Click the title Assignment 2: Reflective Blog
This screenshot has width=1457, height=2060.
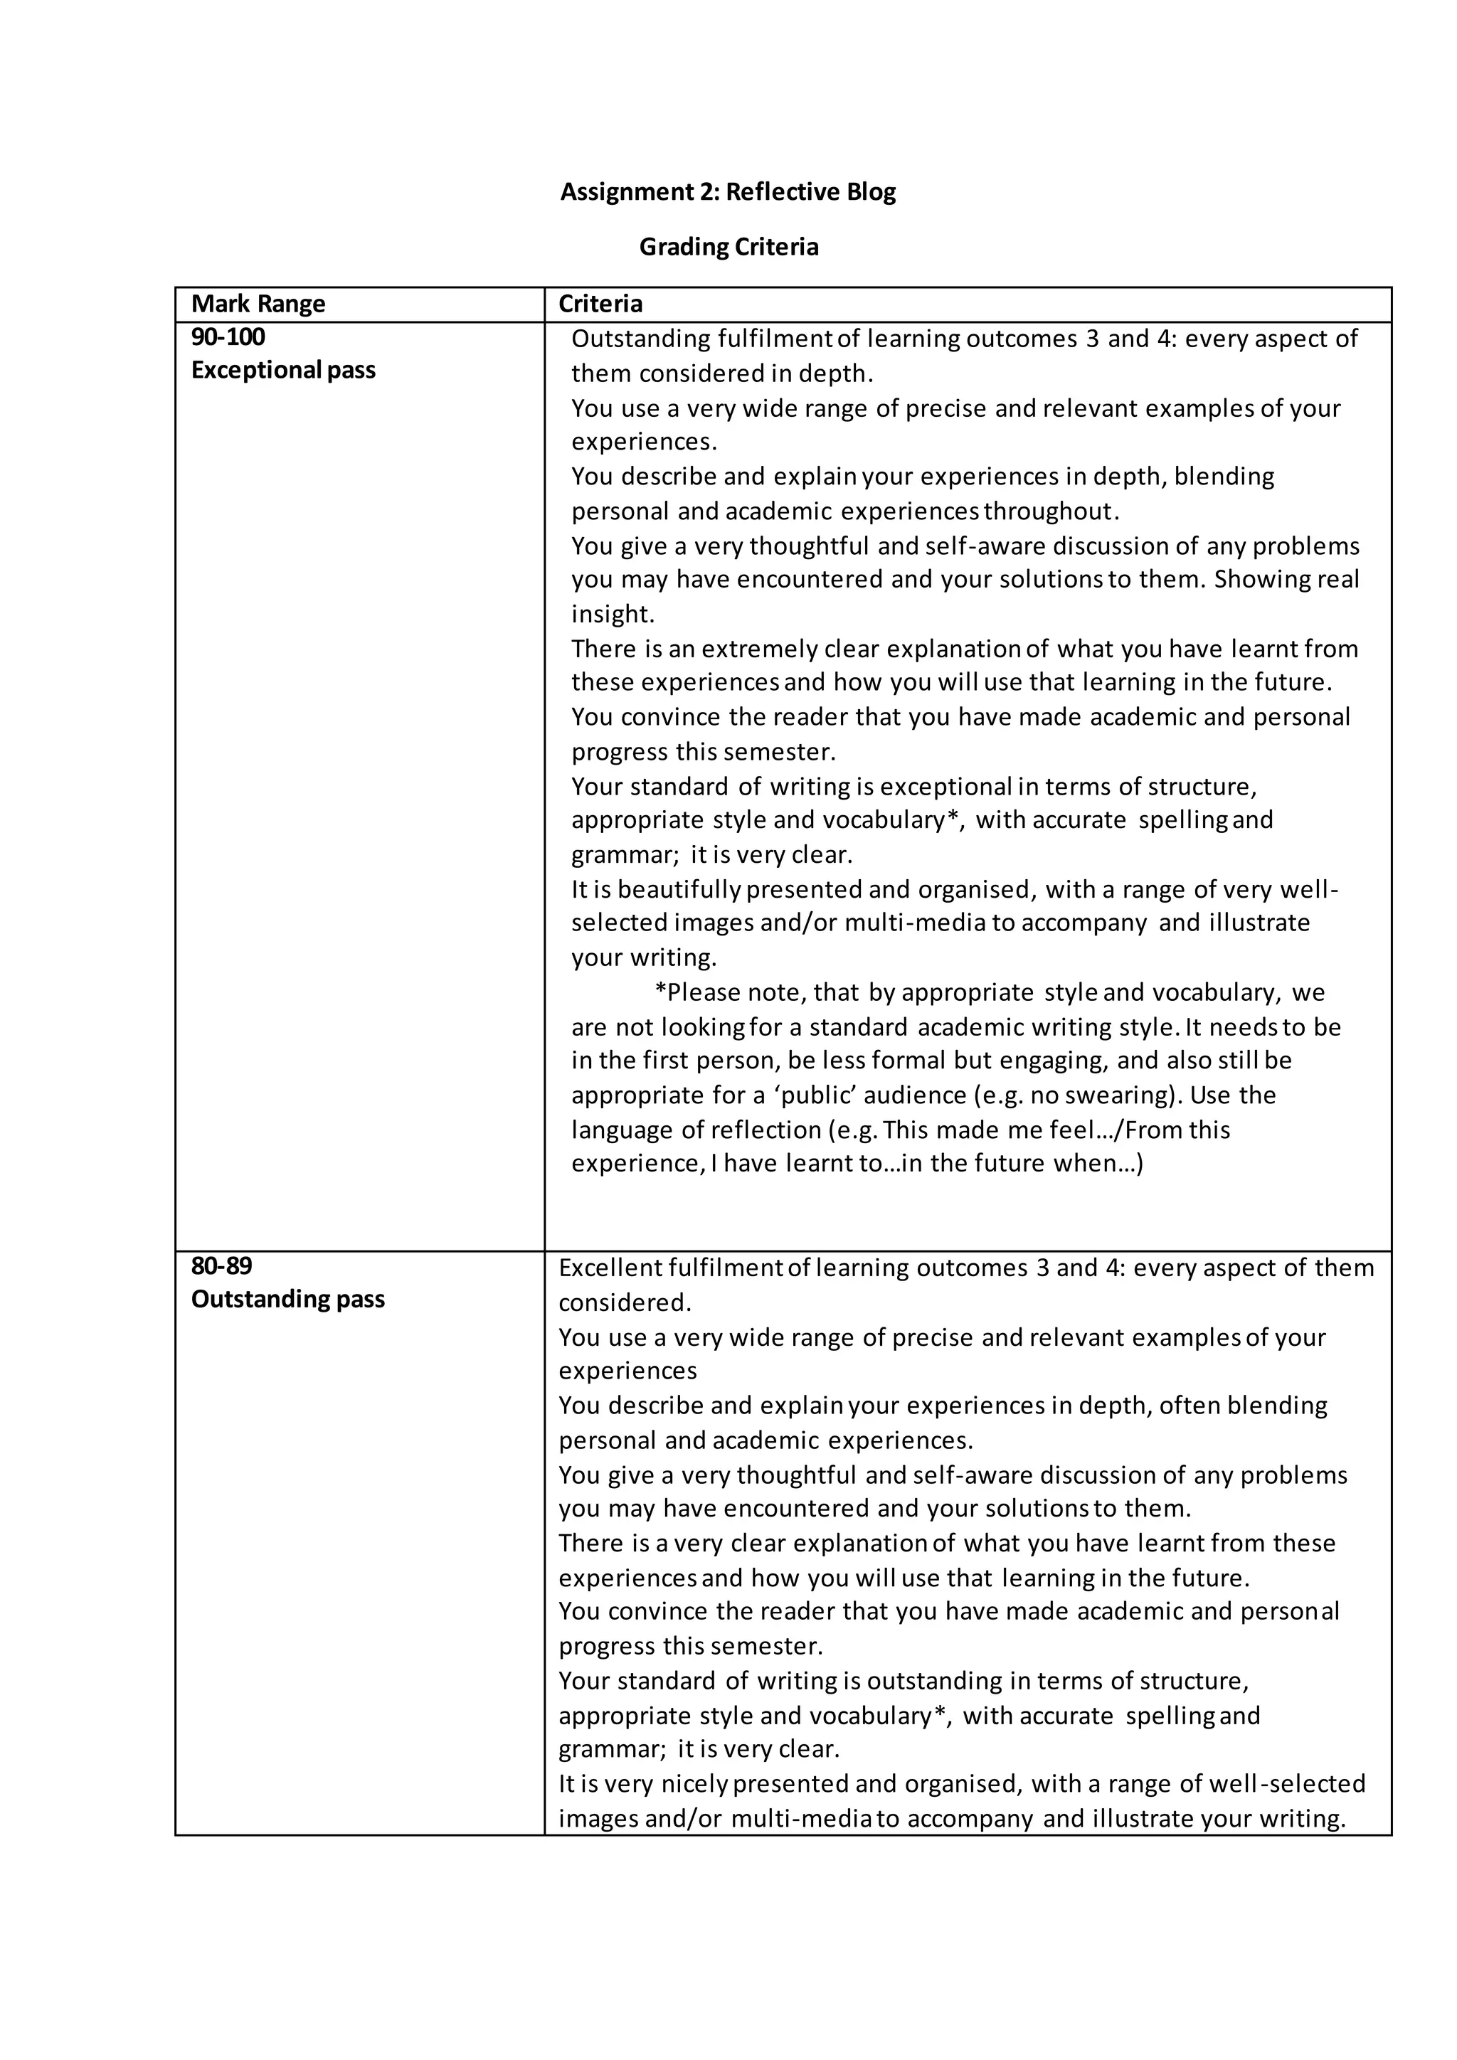pyautogui.click(x=728, y=192)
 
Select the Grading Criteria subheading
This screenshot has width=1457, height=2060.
pyautogui.click(x=728, y=247)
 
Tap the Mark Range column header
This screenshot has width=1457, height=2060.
pyautogui.click(x=258, y=304)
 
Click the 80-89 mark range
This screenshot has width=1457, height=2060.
pyautogui.click(x=221, y=1266)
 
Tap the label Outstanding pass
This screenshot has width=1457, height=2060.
pyautogui.click(x=287, y=1299)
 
